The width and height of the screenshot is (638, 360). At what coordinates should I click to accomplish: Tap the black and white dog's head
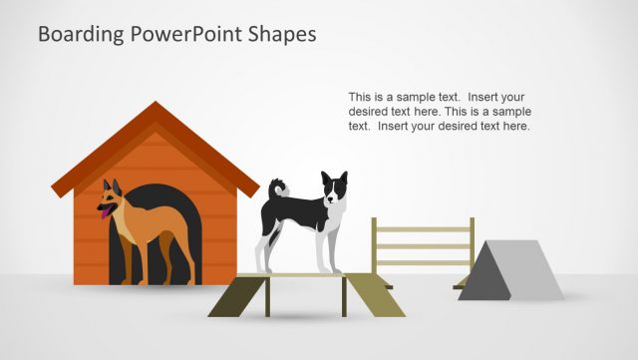pos(334,187)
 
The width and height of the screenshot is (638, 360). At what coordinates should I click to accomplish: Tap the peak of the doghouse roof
pos(155,106)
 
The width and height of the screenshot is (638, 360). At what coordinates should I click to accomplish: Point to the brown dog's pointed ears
pos(111,185)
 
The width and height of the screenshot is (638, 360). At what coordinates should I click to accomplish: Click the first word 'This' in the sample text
pos(360,98)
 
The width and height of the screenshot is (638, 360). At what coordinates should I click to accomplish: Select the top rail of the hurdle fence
pos(421,229)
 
